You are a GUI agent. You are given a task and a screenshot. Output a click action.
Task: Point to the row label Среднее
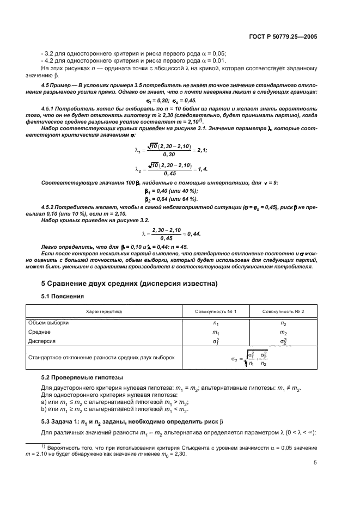(x=55, y=332)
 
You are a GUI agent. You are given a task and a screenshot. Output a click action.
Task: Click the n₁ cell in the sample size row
(x=216, y=323)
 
